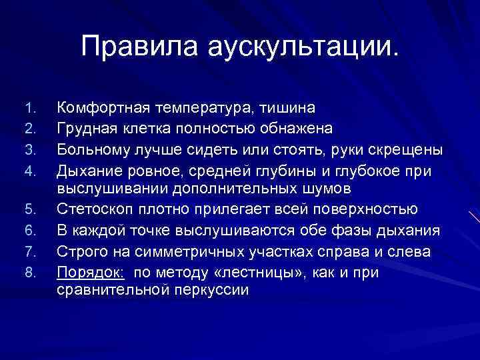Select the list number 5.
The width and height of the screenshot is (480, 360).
coord(27,210)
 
